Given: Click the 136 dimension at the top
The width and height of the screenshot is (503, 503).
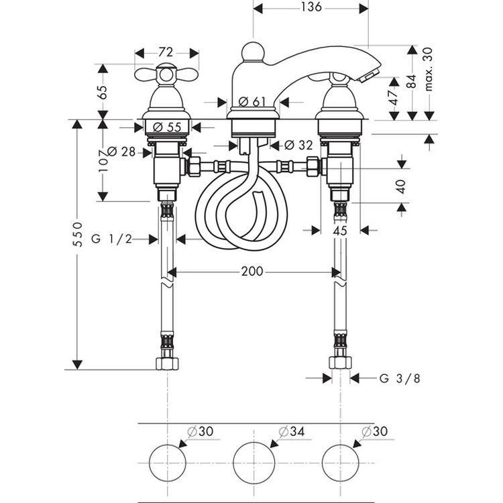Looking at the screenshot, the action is tap(311, 7).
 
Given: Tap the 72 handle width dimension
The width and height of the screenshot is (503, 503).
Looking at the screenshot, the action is tap(166, 52).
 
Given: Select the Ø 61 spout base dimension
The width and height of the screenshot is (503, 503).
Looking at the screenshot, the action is tap(252, 102).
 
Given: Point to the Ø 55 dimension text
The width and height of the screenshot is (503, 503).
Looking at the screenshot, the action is tap(167, 127).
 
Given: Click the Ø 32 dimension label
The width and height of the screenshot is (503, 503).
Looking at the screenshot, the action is tap(298, 145).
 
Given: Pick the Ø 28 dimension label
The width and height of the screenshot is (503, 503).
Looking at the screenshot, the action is tap(121, 152).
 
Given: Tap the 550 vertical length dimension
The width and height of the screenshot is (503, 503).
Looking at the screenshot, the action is tap(78, 234).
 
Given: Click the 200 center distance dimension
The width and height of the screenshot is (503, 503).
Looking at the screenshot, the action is tap(252, 272).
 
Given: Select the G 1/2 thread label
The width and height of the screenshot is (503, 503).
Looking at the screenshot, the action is tap(111, 239).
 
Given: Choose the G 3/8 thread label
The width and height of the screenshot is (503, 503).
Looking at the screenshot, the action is tap(400, 378).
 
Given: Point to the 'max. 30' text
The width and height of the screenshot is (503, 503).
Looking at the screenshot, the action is tap(429, 69).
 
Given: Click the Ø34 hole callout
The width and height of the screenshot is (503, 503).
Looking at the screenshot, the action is tap(291, 431).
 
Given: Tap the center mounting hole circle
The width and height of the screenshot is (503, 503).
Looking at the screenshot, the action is tap(254, 463).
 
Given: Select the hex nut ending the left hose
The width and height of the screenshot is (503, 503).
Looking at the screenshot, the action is tap(167, 363).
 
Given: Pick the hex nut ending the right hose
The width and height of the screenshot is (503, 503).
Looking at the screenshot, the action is tap(340, 362).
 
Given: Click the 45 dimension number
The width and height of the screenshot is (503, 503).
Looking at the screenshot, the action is tap(340, 230).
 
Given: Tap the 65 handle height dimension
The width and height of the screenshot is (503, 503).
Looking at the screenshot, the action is tap(103, 92).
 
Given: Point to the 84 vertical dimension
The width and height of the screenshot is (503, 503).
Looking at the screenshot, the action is tap(412, 81).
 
